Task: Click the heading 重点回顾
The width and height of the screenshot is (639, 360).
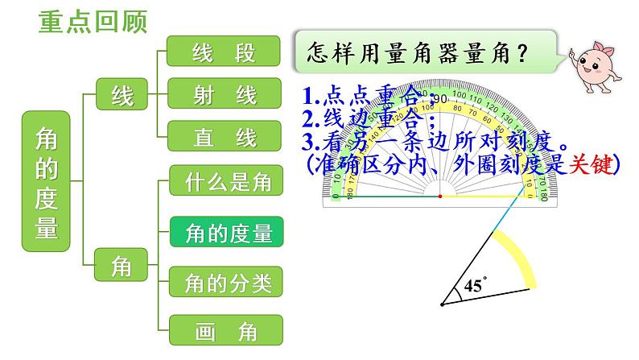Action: tap(93, 22)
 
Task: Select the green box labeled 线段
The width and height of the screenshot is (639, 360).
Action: tap(225, 52)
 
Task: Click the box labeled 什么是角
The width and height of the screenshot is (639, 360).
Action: tap(227, 182)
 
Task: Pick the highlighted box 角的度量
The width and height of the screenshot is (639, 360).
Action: tap(227, 234)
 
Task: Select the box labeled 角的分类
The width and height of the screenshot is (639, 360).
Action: tap(227, 282)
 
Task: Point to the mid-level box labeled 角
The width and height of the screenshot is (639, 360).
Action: tap(121, 265)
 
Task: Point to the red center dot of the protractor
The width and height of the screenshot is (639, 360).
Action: tap(439, 197)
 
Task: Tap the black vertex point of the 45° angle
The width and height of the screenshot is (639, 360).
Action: tap(442, 305)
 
